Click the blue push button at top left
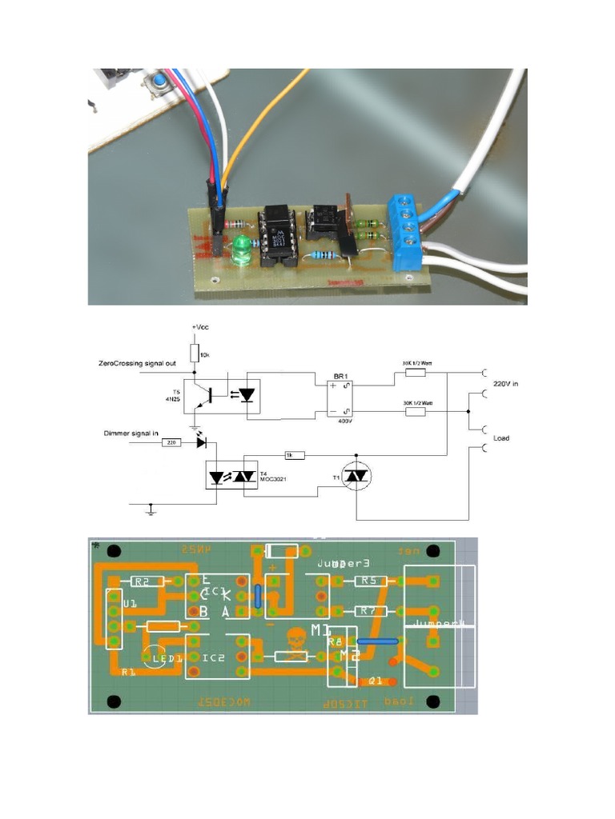[x=159, y=82]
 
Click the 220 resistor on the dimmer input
[x=171, y=441]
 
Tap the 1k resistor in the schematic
[x=295, y=455]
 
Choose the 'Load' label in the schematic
[x=502, y=438]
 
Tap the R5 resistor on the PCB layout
[x=369, y=581]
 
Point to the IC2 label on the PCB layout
[x=214, y=657]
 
